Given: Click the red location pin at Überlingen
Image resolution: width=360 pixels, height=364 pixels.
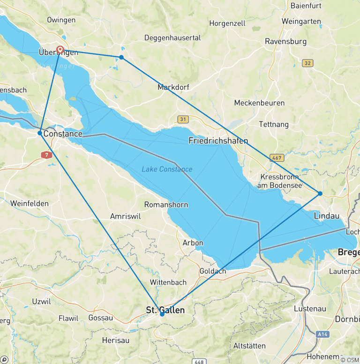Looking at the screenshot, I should [60, 50].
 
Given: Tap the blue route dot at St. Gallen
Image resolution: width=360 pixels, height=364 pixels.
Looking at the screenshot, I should [162, 314].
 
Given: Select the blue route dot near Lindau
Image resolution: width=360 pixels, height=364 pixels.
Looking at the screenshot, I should [320, 193].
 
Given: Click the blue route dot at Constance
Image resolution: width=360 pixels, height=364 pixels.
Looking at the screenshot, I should [40, 133].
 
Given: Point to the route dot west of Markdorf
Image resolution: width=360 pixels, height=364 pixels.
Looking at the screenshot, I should [121, 57].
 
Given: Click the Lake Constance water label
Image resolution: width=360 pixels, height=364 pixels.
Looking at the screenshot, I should [167, 169].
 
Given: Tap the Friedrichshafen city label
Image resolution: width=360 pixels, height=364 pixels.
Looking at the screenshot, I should [218, 141].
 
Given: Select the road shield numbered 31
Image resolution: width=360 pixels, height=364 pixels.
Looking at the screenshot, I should [183, 119].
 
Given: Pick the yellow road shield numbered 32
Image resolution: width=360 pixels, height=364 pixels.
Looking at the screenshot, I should [307, 63].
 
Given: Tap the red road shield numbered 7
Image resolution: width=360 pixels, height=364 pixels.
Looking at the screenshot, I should [46, 154].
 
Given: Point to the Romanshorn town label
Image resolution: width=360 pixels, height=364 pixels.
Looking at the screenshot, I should [166, 205].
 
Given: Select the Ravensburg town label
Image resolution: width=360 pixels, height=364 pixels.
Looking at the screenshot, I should [286, 41].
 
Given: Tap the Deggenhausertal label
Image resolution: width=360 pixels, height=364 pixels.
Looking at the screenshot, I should [172, 38].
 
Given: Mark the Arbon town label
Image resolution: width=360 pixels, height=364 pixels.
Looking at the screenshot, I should [193, 243].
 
